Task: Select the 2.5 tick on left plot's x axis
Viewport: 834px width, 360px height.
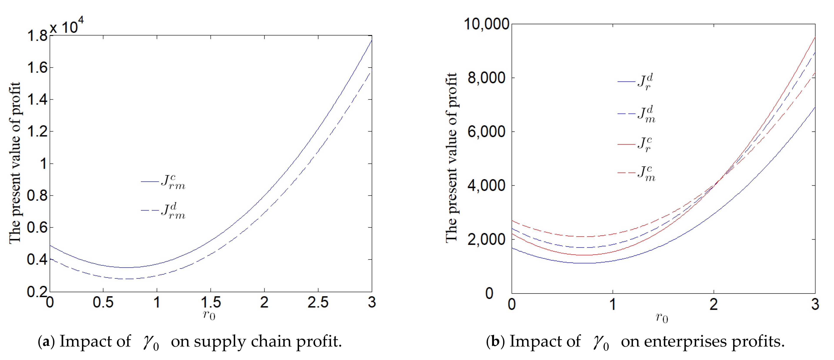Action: [318, 302]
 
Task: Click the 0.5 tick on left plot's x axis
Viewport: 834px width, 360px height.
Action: [103, 302]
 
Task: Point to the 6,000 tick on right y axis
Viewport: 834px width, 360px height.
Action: [487, 132]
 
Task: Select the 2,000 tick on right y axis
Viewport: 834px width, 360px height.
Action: [487, 240]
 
